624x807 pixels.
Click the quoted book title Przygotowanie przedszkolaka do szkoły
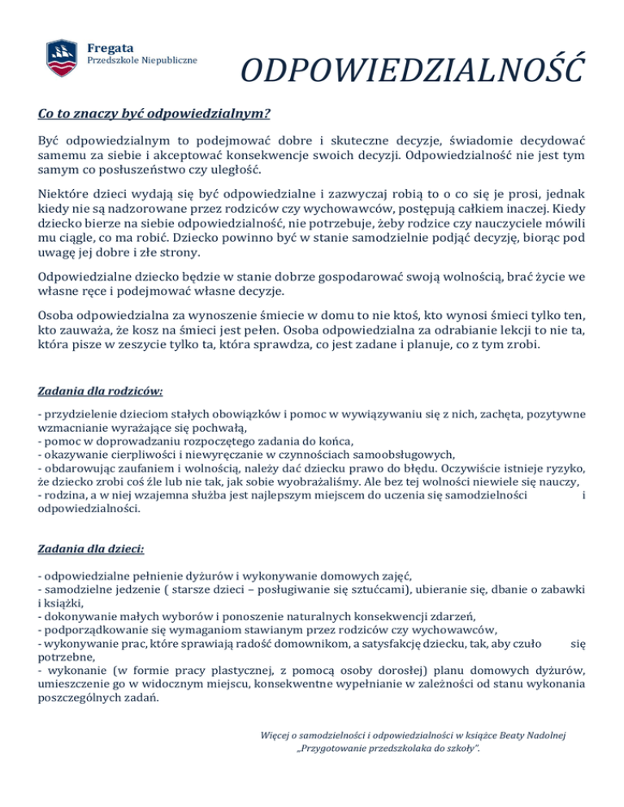tap(389, 749)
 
